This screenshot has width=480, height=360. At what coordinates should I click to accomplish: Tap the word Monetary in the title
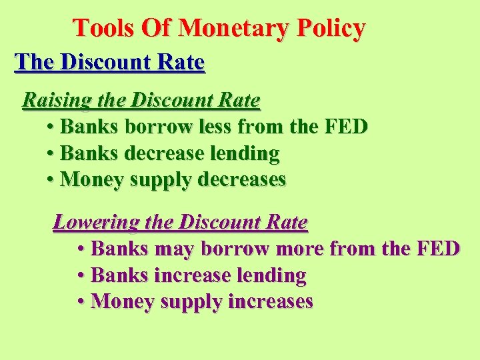tap(235, 28)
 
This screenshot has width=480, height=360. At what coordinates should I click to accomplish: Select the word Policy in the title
tap(332, 28)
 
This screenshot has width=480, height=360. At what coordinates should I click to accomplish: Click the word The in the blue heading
tap(35, 62)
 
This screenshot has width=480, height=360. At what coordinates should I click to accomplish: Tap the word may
tap(174, 249)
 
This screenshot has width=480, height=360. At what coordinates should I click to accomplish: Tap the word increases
tap(270, 301)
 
